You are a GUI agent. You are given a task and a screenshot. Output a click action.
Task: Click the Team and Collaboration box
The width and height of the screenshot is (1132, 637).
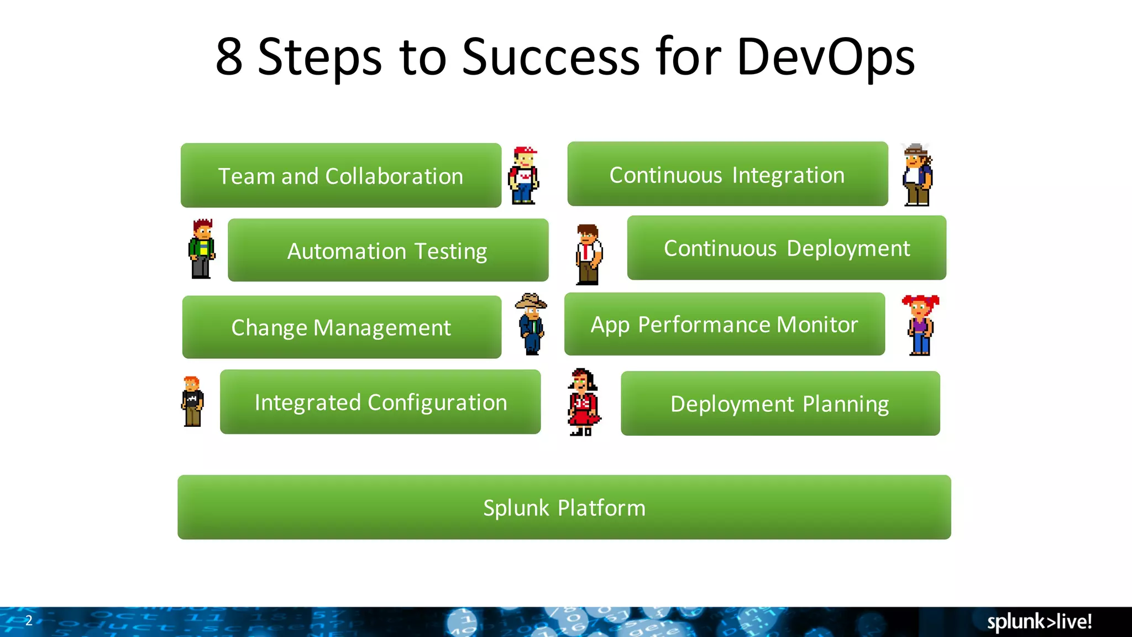(340, 176)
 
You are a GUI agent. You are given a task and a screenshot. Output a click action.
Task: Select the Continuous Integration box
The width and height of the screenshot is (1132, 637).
(727, 174)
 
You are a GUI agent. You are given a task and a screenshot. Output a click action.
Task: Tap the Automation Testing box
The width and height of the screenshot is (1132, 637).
(387, 250)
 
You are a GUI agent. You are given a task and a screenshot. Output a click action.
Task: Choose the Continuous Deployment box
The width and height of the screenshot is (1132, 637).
(787, 248)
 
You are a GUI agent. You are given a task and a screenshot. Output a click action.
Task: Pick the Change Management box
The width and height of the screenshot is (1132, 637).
(342, 327)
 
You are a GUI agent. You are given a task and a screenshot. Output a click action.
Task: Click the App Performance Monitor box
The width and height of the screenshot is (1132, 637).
(724, 324)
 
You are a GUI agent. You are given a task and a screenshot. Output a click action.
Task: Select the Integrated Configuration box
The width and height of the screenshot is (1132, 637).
(380, 402)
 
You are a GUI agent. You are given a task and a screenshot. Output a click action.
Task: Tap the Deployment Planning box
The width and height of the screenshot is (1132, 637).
(780, 404)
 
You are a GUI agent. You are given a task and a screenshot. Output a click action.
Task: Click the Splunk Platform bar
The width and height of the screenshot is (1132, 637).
(564, 507)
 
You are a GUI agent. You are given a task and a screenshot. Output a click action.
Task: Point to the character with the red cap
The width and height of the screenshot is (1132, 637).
(523, 176)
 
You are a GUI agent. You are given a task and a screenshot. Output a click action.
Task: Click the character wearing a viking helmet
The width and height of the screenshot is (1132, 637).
(917, 175)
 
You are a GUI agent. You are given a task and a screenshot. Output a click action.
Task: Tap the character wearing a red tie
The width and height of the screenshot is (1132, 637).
(588, 254)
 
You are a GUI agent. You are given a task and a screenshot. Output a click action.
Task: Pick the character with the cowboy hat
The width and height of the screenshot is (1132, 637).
(531, 324)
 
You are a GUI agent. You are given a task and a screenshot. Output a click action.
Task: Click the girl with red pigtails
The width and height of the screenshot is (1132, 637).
(920, 325)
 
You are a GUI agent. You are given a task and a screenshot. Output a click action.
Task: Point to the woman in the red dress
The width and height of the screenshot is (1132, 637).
(583, 402)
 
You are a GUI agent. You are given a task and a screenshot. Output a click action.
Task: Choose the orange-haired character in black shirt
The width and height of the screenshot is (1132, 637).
(192, 401)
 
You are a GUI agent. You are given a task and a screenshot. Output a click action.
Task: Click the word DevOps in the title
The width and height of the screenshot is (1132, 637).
(826, 56)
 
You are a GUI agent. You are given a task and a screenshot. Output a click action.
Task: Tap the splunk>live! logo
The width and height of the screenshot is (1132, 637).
(1039, 622)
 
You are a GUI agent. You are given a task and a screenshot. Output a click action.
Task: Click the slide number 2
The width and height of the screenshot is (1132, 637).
(29, 620)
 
